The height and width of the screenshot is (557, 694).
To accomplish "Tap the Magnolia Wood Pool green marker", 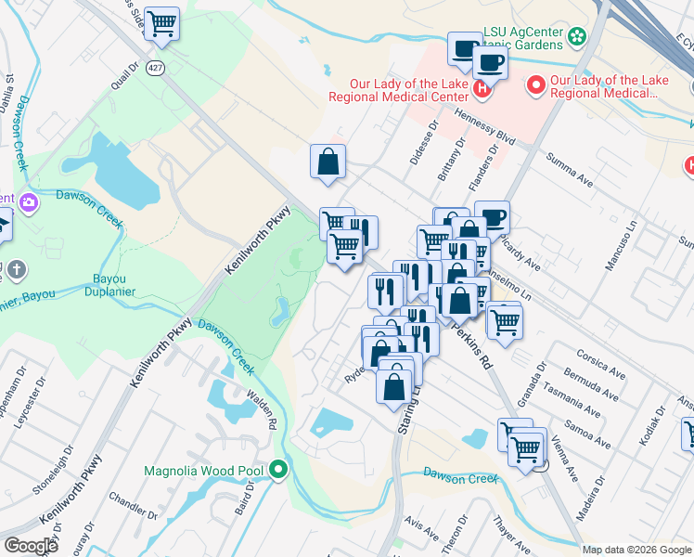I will click(x=278, y=471).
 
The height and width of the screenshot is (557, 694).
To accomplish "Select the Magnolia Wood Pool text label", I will click(x=203, y=471).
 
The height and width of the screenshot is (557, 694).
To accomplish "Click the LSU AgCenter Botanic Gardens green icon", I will click(x=578, y=37).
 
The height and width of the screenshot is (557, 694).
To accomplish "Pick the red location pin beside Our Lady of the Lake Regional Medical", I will click(x=535, y=86).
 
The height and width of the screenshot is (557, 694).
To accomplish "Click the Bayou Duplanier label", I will click(x=115, y=285).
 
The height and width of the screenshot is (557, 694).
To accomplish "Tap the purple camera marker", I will click(x=30, y=201).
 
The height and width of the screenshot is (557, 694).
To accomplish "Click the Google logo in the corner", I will click(x=31, y=545).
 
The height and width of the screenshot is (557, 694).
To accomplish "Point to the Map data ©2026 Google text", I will click(x=636, y=550).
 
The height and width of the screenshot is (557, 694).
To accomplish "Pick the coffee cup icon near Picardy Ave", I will click(x=492, y=217).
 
